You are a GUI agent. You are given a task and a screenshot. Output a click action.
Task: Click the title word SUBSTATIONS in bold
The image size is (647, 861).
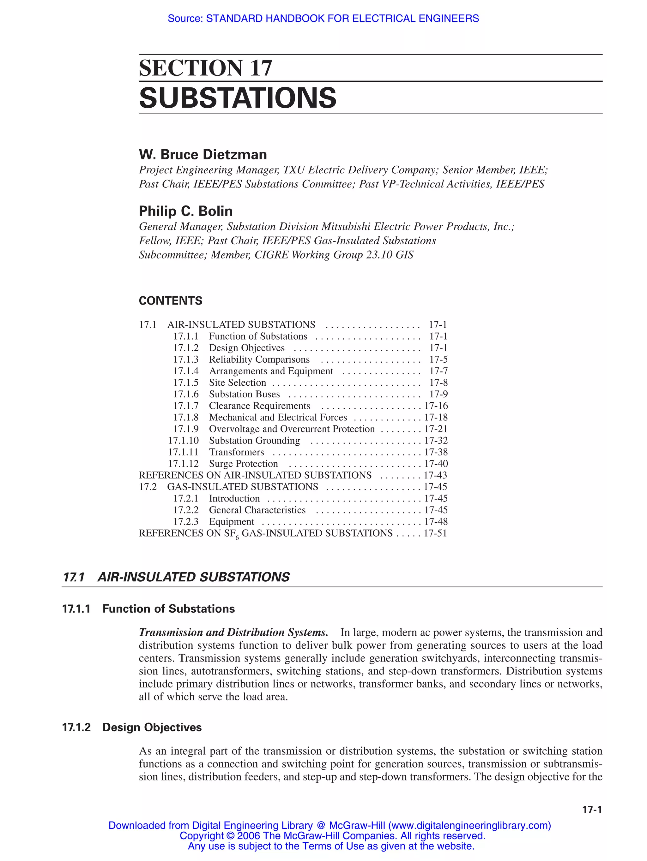[237, 98]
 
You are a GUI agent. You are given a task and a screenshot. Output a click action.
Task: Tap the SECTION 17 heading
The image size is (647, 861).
[205, 68]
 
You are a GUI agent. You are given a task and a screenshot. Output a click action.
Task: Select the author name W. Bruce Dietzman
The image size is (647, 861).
[203, 155]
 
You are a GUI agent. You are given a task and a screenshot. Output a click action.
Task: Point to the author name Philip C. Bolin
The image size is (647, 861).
[185, 211]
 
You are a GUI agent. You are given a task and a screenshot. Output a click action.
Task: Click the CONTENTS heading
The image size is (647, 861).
[170, 300]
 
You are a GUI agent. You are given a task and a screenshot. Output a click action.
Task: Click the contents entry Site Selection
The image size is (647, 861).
[237, 383]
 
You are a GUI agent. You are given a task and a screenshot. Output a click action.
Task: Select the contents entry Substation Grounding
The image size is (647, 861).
[254, 441]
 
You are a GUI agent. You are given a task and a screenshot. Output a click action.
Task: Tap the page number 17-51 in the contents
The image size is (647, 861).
[435, 533]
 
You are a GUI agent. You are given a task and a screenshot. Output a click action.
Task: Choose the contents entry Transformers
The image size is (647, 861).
[236, 452]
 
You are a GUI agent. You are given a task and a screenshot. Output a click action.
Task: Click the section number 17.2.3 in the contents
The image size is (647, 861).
[185, 522]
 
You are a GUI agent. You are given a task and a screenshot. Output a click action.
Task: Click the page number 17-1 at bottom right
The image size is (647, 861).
[592, 810]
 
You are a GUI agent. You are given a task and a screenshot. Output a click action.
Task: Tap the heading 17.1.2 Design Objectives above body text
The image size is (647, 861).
[132, 727]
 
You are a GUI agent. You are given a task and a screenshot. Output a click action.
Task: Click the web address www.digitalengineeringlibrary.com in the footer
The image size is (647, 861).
[469, 825]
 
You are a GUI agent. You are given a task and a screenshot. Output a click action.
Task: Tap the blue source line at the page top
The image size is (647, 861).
[323, 18]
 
